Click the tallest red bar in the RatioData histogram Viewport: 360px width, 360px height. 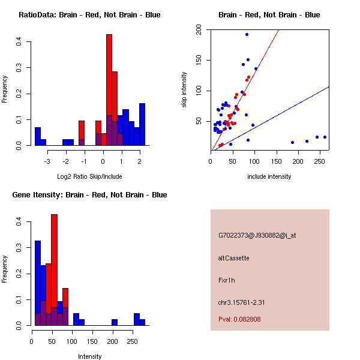coord(109,90)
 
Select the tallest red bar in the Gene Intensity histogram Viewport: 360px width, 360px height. coord(54,270)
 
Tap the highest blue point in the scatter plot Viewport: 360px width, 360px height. coord(247,35)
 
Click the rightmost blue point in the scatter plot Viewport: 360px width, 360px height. coord(325,137)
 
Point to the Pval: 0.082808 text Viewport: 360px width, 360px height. coord(239,319)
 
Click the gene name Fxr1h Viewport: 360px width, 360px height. coord(227,280)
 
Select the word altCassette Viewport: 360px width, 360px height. coord(233,258)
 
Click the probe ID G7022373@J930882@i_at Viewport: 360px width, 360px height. coord(257,235)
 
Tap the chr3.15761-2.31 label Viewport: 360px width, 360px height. coord(241,302)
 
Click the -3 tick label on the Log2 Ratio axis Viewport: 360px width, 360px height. coord(47,161)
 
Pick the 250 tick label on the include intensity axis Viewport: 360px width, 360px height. coord(319,161)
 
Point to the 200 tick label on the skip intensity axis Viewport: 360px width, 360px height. coord(199,29)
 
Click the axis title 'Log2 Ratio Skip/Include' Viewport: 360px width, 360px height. coord(89,176)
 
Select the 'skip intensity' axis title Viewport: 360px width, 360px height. coord(184,89)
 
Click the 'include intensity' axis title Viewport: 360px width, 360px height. coord(269,176)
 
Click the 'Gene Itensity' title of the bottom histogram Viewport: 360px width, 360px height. coord(37,195)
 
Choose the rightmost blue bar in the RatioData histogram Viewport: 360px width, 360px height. coord(142,124)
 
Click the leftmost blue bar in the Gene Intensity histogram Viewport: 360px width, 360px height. coord(38,283)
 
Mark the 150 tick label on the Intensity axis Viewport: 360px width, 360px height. coord(92,341)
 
